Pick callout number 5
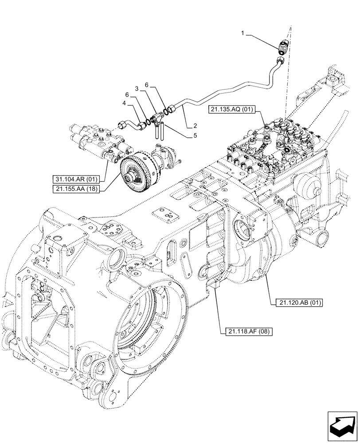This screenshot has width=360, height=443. pyautogui.click(x=195, y=136)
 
